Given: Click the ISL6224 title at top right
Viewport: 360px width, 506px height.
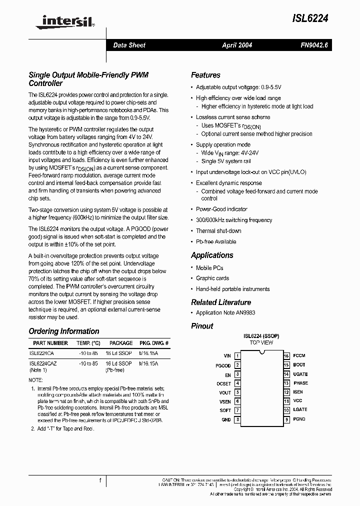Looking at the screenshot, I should pos(310,18).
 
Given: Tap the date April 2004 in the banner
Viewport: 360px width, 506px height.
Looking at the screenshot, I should pos(237,45).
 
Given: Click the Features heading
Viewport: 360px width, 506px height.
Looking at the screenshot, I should pos(205,75).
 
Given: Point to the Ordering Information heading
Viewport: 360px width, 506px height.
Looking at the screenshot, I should pos(64,331).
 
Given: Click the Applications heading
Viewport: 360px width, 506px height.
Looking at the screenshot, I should pos(212,255).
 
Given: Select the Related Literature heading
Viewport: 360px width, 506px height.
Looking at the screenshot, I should pos(221,302).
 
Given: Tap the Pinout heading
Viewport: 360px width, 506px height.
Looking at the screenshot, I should pos(202,326).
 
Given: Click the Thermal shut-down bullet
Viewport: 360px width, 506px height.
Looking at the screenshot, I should pos(218,231).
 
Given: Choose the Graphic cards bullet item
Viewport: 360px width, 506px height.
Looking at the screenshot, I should pos(212,278).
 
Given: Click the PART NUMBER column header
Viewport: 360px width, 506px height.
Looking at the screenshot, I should pos(50,343).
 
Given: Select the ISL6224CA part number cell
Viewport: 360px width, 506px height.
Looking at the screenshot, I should pos(42,353).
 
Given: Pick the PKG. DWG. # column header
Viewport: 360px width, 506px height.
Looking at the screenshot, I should pos(153,343).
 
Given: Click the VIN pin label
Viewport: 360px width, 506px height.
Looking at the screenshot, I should pos(227,356).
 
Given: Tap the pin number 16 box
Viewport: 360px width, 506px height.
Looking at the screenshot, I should pos(286,356).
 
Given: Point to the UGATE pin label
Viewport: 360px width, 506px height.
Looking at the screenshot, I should pos(300,374).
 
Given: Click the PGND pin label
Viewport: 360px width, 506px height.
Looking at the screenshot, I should pos(299,419).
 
